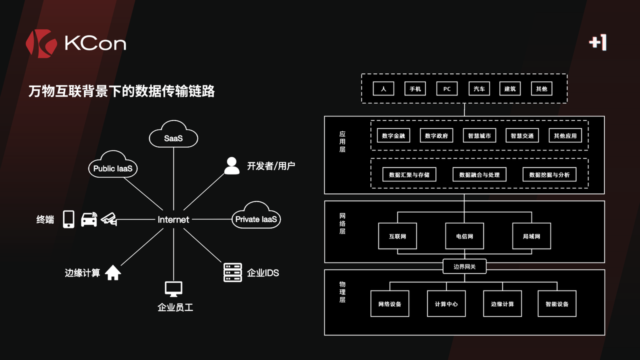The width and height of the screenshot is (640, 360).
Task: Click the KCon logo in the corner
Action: pyautogui.click(x=75, y=43)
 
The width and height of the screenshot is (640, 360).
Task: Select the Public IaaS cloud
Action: pyautogui.click(x=113, y=167)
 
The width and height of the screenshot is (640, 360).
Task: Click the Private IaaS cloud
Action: pyautogui.click(x=255, y=218)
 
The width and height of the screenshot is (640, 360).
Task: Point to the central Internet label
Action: pyautogui.click(x=173, y=219)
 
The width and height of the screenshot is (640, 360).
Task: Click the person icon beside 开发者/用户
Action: pyautogui.click(x=231, y=166)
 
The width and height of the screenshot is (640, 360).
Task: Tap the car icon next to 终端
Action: pyautogui.click(x=89, y=219)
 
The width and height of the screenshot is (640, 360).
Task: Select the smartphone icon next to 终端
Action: pyautogui.click(x=68, y=219)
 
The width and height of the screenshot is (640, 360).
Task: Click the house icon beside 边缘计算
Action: pyautogui.click(x=113, y=272)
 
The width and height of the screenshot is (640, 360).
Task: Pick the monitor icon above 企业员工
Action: pyautogui.click(x=173, y=288)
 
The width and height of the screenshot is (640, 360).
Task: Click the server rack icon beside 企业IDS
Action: pyautogui.click(x=232, y=272)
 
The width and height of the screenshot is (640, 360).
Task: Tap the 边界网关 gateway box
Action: pyautogui.click(x=464, y=266)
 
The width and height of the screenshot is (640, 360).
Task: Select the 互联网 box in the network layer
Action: pyautogui.click(x=397, y=236)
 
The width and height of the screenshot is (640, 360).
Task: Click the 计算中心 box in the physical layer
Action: pyautogui.click(x=446, y=304)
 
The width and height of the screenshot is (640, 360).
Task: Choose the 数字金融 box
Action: pyautogui.click(x=393, y=135)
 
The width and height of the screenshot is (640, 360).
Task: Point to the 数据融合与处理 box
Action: pyautogui.click(x=479, y=174)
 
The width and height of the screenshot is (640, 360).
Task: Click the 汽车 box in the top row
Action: pyautogui.click(x=479, y=89)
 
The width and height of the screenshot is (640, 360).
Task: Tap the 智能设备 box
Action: pyautogui.click(x=557, y=304)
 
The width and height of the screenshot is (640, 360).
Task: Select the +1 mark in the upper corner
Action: pyautogui.click(x=597, y=43)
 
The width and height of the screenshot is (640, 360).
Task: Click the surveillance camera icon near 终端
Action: pyautogui.click(x=109, y=219)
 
